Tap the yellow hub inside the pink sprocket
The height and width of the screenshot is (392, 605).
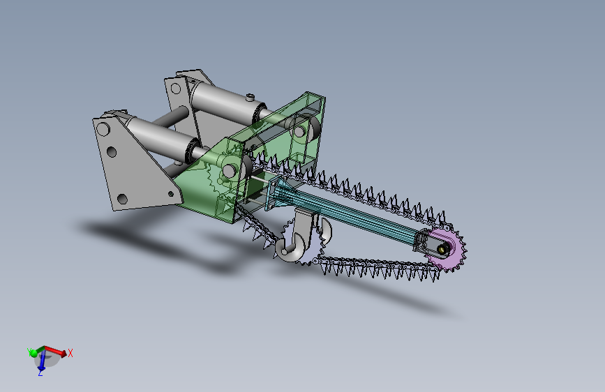[x=442, y=249]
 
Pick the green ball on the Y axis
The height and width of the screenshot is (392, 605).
[x=33, y=353]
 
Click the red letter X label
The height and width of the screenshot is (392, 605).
[x=70, y=353]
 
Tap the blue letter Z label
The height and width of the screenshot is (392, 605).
[x=40, y=373]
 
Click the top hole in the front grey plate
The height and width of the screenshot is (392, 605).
[x=103, y=129]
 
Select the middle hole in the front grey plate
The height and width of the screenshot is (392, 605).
[x=112, y=151]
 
